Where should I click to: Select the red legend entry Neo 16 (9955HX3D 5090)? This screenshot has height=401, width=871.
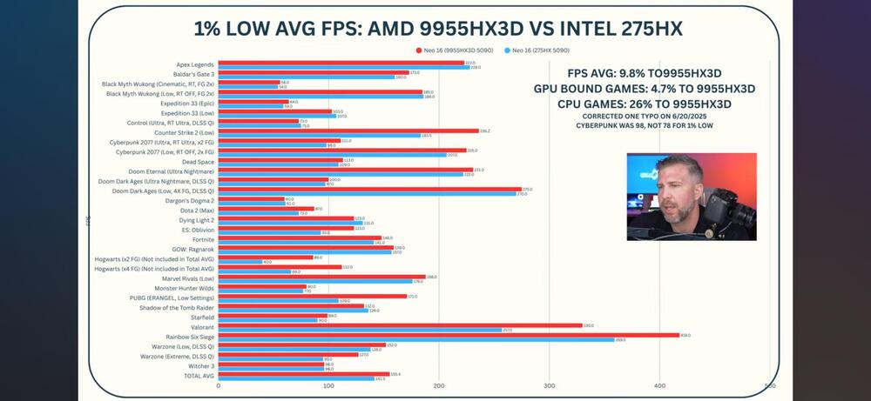pos(449,51)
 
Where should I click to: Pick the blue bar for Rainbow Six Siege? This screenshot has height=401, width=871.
pos(416,339)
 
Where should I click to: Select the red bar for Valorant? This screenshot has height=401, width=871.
pos(400,324)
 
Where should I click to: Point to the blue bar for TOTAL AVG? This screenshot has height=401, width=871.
pos(296,379)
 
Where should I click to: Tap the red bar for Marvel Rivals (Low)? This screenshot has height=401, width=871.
pos(321,277)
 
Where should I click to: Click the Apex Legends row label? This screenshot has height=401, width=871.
pos(195,64)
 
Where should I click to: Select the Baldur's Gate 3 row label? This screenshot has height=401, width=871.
pos(192,75)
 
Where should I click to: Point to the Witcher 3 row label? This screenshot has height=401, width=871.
pos(200,366)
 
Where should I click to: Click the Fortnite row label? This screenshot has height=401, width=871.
pos(202,239)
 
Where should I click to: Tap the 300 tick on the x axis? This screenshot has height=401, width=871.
pos(549,385)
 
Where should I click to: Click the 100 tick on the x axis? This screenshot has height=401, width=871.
pos(328,385)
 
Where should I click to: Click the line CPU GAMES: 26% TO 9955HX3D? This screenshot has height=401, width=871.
pos(633,104)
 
